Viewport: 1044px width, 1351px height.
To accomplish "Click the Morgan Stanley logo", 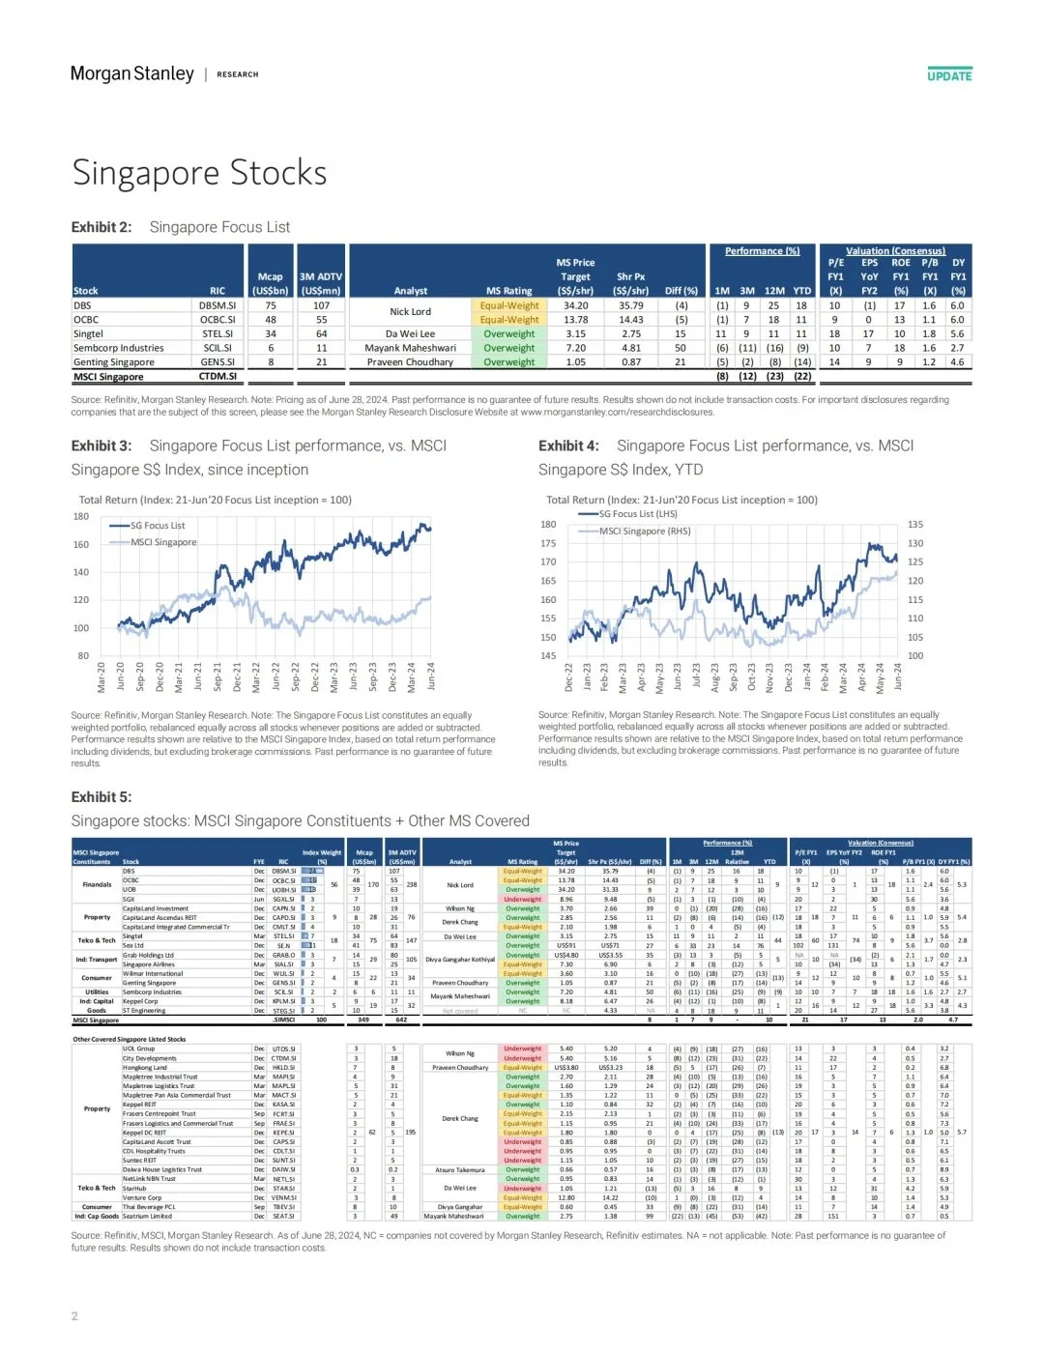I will [x=132, y=73].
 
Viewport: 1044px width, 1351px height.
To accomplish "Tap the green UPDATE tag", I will [x=949, y=75].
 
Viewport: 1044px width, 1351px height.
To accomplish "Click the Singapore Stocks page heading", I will [x=199, y=173].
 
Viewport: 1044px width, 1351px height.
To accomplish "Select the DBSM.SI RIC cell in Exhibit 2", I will [x=217, y=305].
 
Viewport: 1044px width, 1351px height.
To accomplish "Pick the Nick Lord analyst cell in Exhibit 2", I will [x=410, y=312].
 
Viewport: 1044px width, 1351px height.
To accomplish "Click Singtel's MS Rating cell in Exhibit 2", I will [x=508, y=333].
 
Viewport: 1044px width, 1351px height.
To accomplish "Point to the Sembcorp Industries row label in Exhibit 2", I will [x=118, y=348].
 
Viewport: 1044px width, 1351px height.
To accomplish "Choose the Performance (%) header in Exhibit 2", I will [x=762, y=251].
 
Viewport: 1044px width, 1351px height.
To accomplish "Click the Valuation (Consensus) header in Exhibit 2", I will [x=895, y=251].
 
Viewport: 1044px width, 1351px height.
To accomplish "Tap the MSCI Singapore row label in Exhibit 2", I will [x=108, y=377].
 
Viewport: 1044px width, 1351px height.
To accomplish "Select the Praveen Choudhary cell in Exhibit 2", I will [x=410, y=362].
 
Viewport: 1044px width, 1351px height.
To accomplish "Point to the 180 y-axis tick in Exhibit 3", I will [x=81, y=516].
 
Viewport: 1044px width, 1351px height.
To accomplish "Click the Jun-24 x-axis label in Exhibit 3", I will [x=431, y=675].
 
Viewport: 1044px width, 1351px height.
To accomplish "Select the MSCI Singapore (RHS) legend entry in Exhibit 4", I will [x=644, y=531].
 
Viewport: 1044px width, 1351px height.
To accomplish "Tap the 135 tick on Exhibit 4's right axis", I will [x=914, y=525].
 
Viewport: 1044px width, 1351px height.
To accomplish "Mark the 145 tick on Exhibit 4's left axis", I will [x=548, y=655].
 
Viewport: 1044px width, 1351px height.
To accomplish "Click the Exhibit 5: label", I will [x=101, y=797].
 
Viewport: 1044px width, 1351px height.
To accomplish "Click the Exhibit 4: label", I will [x=568, y=446].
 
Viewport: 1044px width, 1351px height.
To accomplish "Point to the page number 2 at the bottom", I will [x=74, y=1315].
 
